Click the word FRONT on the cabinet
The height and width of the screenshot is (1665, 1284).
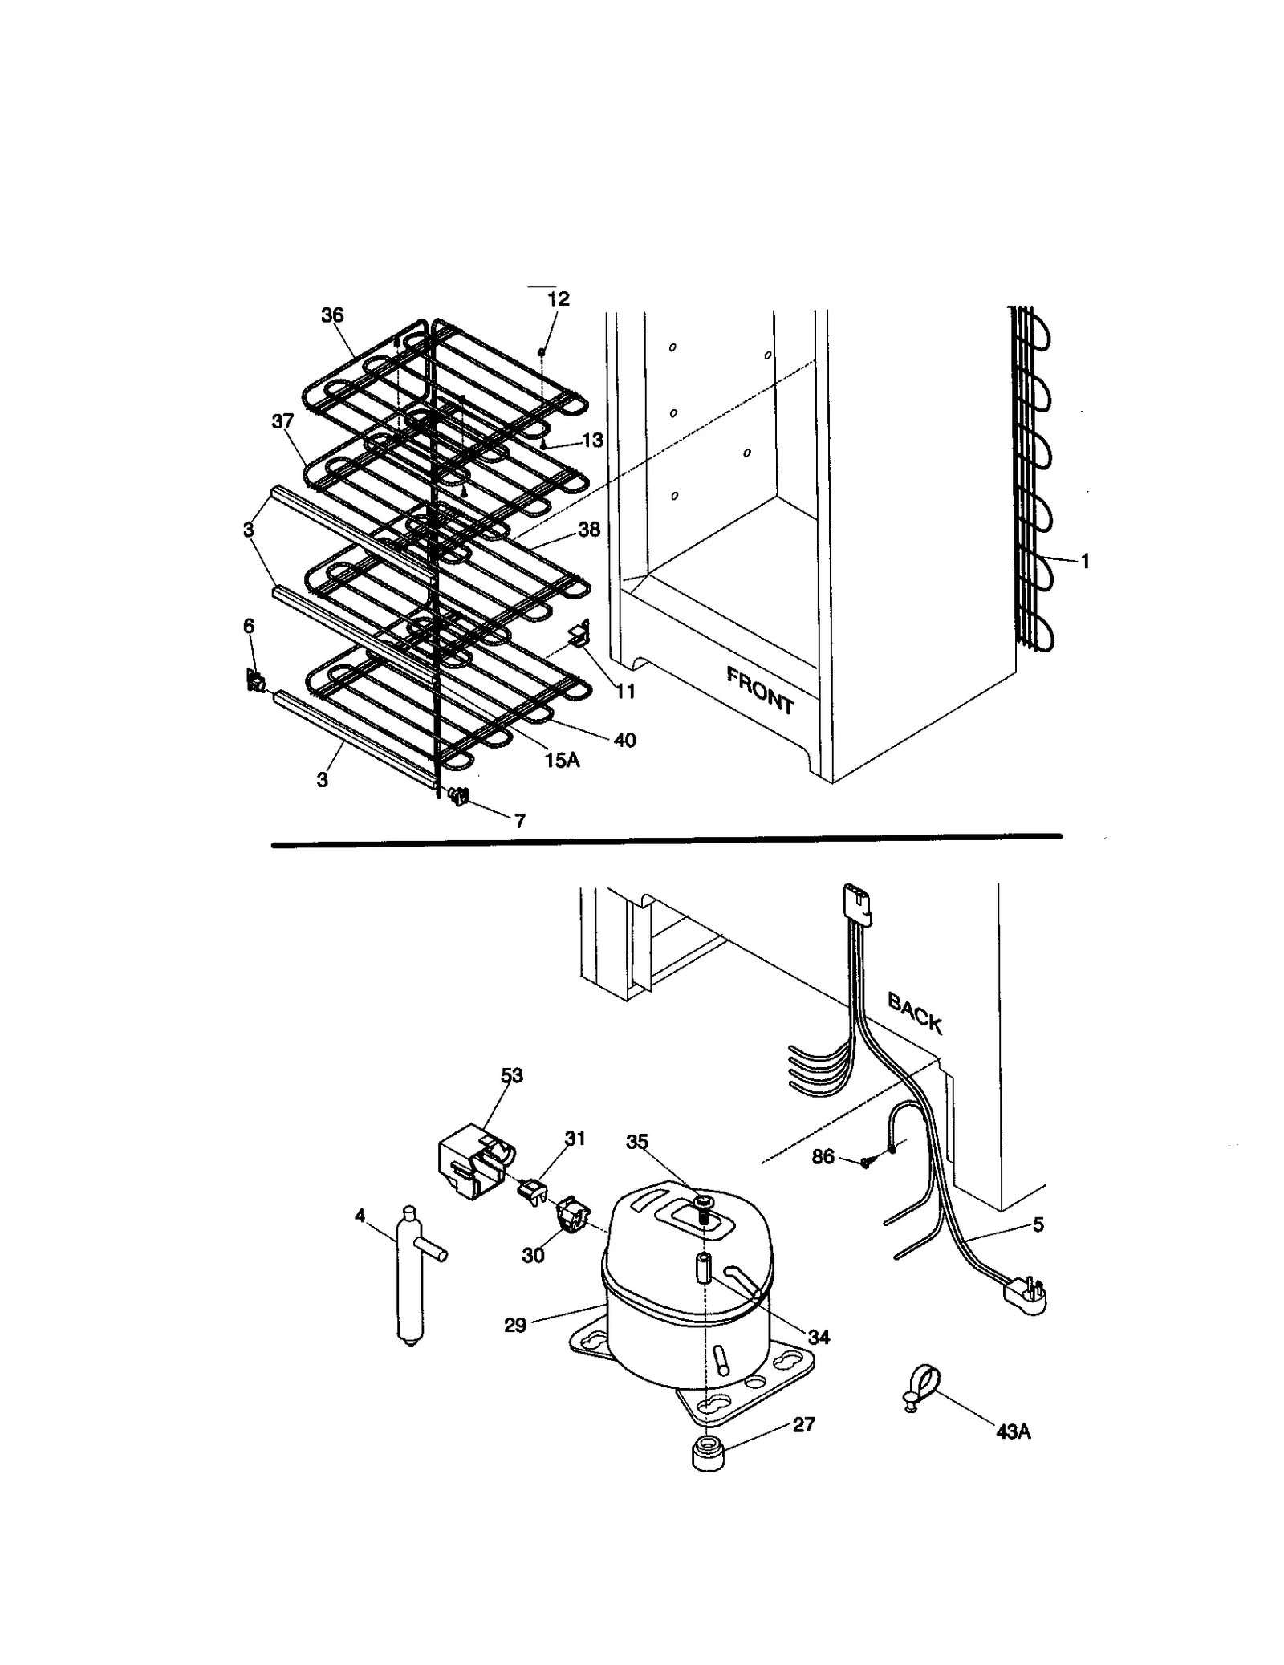pos(759,689)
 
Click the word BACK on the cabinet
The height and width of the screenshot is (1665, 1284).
pos(914,1013)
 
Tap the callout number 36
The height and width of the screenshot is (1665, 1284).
pos(332,315)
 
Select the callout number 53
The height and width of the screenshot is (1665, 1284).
pos(512,1075)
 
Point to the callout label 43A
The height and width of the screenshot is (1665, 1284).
pos(1013,1431)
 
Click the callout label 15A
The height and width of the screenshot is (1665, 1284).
pos(562,760)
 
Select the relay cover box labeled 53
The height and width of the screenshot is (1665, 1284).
pos(471,1163)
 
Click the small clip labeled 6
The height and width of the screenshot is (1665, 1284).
pos(254,682)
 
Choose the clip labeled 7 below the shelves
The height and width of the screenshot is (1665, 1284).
pos(460,796)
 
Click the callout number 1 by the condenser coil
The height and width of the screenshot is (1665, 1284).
pos(1085,562)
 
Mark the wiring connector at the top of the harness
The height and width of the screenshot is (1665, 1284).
pos(855,900)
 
